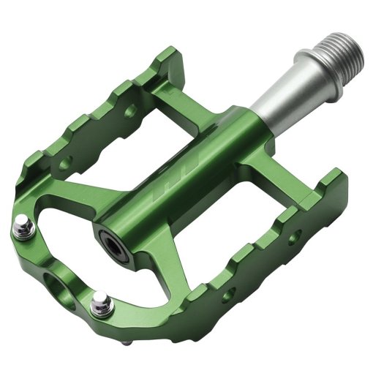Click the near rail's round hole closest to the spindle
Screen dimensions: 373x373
(295, 236)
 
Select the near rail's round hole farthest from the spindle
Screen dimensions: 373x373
(228, 294)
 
